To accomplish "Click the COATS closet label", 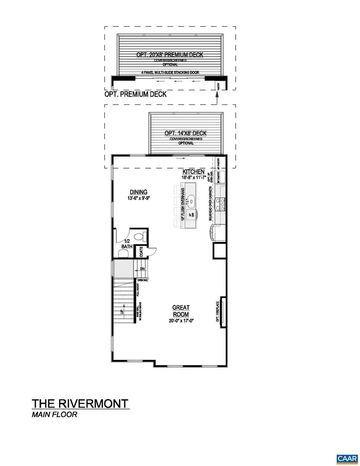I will (141, 252).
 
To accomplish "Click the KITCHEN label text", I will (193, 172).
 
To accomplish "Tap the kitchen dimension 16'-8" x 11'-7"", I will (193, 177).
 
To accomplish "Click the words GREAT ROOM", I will (181, 311).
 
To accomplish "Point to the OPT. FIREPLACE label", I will (218, 312).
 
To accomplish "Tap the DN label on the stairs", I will (142, 269).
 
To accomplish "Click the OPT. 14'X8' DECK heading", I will (185, 133).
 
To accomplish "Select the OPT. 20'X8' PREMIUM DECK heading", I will (169, 55).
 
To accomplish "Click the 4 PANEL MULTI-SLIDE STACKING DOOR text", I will (169, 72).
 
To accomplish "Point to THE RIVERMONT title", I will (80, 403).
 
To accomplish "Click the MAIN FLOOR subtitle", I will (54, 415).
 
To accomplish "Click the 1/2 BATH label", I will (127, 244).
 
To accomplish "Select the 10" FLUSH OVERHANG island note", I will (183, 205).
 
